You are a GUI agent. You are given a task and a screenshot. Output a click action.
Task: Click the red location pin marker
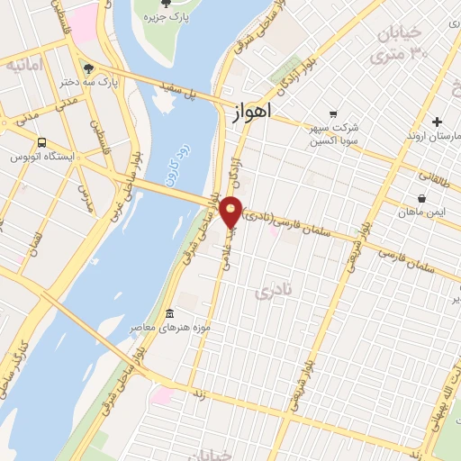pos(231,212)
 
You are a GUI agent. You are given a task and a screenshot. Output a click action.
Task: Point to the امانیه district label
pos(24,66)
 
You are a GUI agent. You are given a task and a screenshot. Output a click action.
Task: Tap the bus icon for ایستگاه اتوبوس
pos(42,142)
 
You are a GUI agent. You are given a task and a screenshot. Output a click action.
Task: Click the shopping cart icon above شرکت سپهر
pos(333,113)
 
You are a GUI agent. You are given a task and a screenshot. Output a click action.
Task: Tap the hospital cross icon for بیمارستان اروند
pos(437,122)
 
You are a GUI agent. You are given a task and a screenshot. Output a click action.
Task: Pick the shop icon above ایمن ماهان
pos(421,198)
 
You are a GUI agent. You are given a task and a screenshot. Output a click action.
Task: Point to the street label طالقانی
pos(419,165)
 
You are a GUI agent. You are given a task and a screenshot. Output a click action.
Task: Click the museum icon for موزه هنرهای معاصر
pos(169,313)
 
